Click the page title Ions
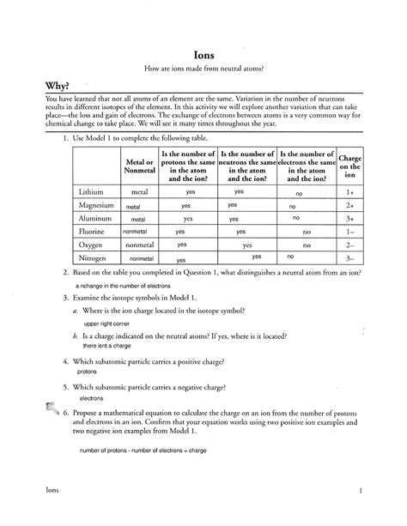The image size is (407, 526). tap(203, 51)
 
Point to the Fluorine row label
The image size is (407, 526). tap(93, 231)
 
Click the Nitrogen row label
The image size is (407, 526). tap(93, 257)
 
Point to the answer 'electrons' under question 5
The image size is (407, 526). tap(91, 398)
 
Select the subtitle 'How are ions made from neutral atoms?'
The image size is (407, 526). tap(203, 68)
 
